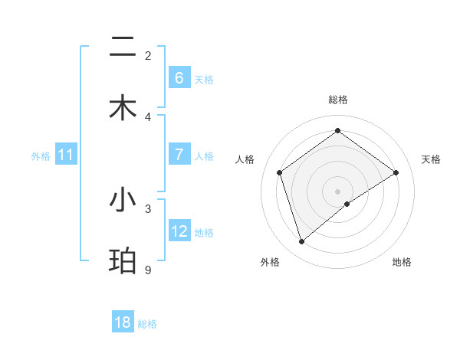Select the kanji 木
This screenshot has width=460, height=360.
pyautogui.click(x=123, y=107)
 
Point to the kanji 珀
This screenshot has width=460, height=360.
pyautogui.click(x=123, y=260)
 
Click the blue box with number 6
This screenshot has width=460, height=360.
pyautogui.click(x=179, y=78)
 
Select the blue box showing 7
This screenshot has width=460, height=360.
pyautogui.click(x=179, y=155)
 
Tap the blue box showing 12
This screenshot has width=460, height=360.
pyautogui.click(x=179, y=231)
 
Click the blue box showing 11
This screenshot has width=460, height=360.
pyautogui.click(x=65, y=155)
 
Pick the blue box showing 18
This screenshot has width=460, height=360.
pyautogui.click(x=122, y=322)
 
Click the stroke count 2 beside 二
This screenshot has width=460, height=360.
pyautogui.click(x=148, y=55)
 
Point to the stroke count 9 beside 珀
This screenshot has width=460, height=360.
pyautogui.click(x=147, y=270)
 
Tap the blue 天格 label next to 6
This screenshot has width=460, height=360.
pyautogui.click(x=204, y=79)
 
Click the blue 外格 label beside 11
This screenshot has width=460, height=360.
pyautogui.click(x=41, y=155)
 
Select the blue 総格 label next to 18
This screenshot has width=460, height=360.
pyautogui.click(x=147, y=324)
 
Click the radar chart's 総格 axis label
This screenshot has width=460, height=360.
pyautogui.click(x=338, y=100)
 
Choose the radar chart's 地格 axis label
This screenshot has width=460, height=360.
pyautogui.click(x=402, y=262)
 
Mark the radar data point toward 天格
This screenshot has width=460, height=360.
pyautogui.click(x=396, y=172)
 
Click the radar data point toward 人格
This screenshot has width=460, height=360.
pyautogui.click(x=280, y=172)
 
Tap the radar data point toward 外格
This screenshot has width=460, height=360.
pyautogui.click(x=302, y=242)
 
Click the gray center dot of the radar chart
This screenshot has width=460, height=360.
pyautogui.click(x=338, y=191)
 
